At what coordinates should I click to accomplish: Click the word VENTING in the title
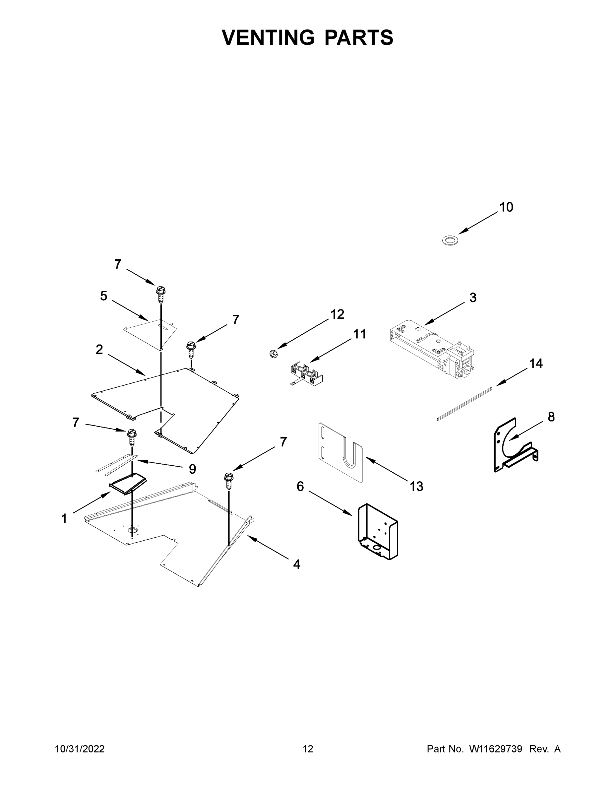268,37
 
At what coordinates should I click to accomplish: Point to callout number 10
506,207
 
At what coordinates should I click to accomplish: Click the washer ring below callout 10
450,240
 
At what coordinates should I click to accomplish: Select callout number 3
472,298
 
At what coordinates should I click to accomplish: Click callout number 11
360,334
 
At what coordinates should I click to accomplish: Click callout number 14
535,364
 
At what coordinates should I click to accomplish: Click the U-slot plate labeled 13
341,452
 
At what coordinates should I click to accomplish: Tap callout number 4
297,564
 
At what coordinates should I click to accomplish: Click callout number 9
192,469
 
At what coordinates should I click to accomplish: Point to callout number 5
104,296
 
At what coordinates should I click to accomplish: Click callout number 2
99,350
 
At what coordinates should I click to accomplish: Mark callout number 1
64,518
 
